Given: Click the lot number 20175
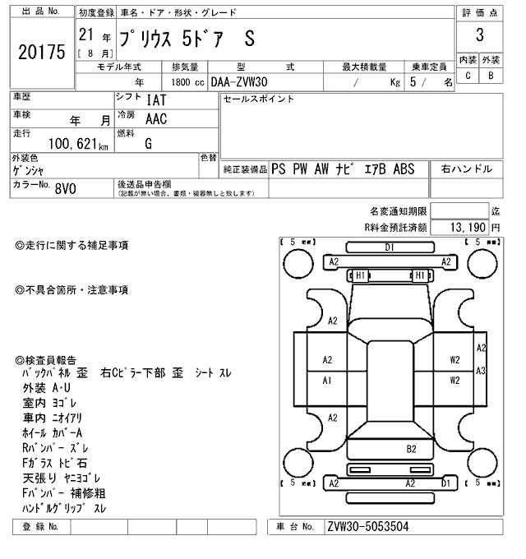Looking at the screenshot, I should [40, 52].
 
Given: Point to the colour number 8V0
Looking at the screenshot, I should [65, 188].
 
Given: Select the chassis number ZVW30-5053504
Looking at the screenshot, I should [367, 527].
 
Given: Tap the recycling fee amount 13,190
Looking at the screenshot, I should [468, 226].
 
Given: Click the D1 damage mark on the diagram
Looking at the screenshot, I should [390, 247].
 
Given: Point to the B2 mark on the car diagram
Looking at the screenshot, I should [411, 449].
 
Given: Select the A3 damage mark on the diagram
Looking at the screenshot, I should [481, 371].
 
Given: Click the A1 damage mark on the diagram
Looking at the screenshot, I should [327, 381].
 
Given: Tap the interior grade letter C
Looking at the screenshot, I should [468, 76].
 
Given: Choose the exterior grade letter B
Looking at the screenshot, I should [491, 76].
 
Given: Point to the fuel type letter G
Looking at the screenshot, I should [148, 142].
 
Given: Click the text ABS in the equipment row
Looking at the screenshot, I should [404, 169].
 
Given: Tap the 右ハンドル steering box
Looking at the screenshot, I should [467, 169].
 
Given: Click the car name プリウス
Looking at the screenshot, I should [148, 39].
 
